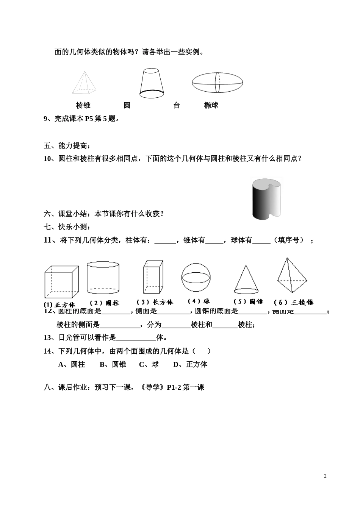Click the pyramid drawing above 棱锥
pos(84,83)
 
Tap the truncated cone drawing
pos(152,81)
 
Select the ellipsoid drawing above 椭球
pos(217,82)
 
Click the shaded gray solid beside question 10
pos(267,198)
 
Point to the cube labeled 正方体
pos(61,282)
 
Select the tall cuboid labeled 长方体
pos(153,276)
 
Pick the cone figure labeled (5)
pos(246,279)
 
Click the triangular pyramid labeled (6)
pos(292,275)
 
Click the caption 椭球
pos(211,105)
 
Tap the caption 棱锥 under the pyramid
pos(83,105)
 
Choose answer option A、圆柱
pos(72,364)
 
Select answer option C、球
pos(149,364)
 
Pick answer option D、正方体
pos(190,364)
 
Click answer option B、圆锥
pos(113,364)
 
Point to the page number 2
pos(325,476)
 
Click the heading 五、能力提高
pos(67,146)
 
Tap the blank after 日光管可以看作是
pos(136,337)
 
